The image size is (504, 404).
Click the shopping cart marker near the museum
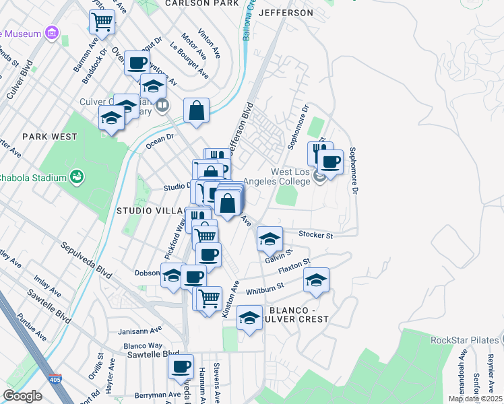tap(102, 22)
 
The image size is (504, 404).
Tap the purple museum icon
tap(51, 34)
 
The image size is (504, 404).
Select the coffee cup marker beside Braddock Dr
tap(137, 63)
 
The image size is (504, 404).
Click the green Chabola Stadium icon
tap(77, 177)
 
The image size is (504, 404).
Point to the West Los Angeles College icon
tap(321, 176)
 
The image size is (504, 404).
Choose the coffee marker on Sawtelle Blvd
tap(181, 366)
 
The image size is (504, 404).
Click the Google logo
tap(22, 396)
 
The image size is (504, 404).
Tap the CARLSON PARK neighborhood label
tap(202, 3)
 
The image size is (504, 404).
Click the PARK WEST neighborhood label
tap(49, 136)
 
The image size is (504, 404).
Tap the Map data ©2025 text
tap(474, 399)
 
